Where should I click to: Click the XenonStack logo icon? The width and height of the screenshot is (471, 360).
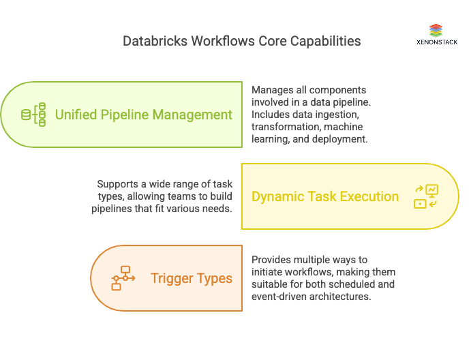click(436, 31)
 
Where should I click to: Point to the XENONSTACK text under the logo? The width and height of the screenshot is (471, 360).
click(436, 42)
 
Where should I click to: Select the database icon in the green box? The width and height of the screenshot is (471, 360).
click(33, 115)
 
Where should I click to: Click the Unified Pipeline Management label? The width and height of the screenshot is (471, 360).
click(143, 115)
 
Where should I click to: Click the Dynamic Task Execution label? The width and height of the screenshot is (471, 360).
click(325, 196)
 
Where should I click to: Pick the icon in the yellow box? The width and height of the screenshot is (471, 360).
click(426, 196)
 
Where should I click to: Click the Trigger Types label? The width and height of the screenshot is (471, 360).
click(192, 278)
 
